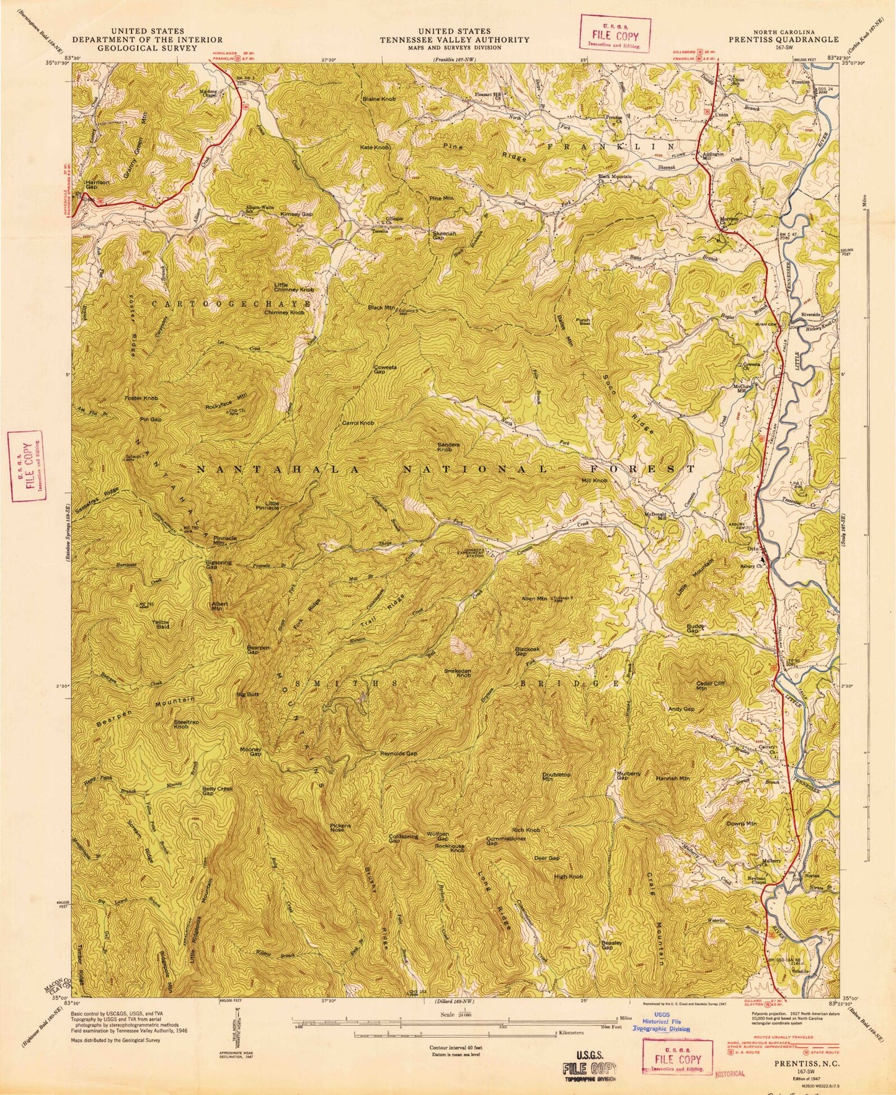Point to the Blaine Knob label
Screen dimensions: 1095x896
point(379,99)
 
